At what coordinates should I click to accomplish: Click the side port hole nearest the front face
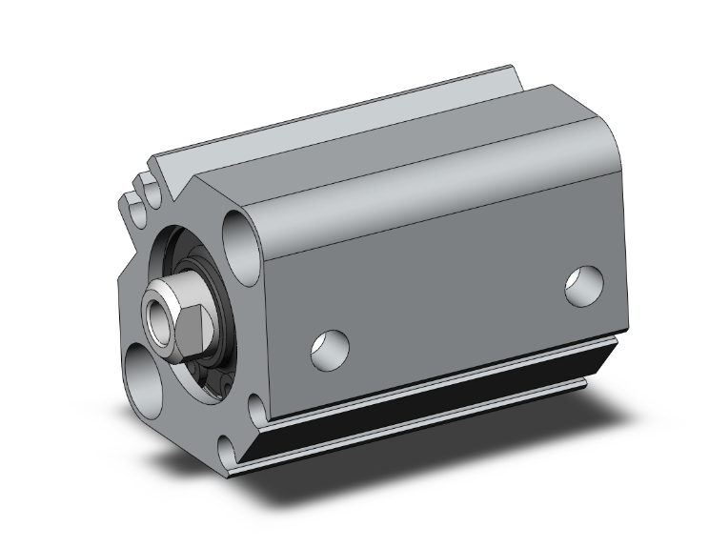click(x=330, y=348)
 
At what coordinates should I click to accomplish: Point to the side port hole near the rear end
click(x=582, y=287)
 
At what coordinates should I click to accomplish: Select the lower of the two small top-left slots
click(x=131, y=203)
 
